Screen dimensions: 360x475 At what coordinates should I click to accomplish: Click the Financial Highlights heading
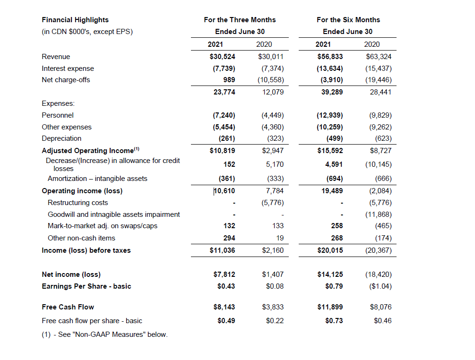pyautogui.click(x=75, y=20)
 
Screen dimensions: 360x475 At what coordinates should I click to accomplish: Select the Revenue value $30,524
pyautogui.click(x=222, y=57)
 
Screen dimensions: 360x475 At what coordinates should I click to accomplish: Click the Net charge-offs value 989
pyautogui.click(x=229, y=80)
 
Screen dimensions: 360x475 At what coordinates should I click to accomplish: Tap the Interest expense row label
pyautogui.click(x=68, y=69)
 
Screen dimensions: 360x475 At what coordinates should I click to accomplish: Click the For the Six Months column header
pyautogui.click(x=348, y=20)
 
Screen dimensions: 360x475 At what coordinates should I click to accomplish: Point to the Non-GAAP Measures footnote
pyautogui.click(x=104, y=334)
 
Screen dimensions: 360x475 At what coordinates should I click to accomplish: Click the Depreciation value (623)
pyautogui.click(x=382, y=138)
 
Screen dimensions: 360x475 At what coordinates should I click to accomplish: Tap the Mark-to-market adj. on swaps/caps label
pyautogui.click(x=103, y=226)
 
